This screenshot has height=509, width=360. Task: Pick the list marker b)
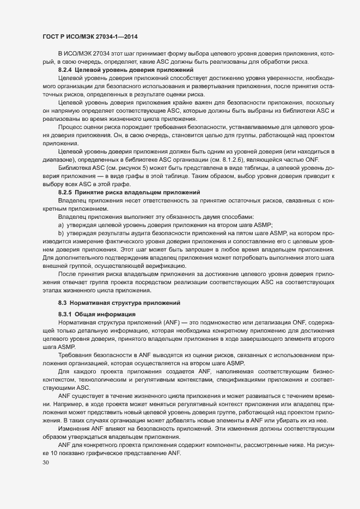pos(61,233)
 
